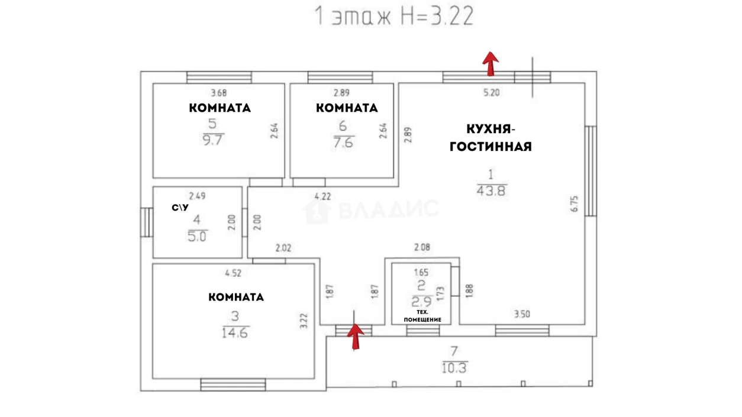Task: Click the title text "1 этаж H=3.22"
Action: (394, 15)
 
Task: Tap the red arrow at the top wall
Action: (491, 64)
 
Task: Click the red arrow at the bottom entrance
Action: (356, 337)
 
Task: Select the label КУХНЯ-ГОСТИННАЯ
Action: (491, 138)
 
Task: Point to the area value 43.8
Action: (491, 191)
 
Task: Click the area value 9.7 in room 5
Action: (213, 140)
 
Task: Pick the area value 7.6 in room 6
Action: (344, 143)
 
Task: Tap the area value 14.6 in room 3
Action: (235, 332)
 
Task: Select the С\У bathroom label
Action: (180, 208)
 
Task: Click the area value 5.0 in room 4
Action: (197, 237)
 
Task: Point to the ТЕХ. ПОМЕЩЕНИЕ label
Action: (422, 316)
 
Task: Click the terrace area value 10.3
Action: (454, 368)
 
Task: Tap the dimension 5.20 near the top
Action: (491, 92)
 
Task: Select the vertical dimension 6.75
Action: (574, 203)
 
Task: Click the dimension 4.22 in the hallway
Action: (322, 196)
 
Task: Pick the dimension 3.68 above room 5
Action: (219, 93)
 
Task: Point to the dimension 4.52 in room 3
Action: (233, 273)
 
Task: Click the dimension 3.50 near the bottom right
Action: (522, 313)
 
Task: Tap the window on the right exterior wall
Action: (591, 171)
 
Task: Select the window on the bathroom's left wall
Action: (146, 222)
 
